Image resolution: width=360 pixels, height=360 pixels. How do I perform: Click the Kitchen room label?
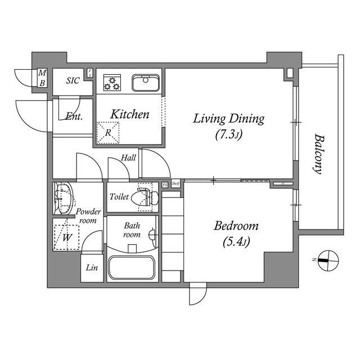point(129,115)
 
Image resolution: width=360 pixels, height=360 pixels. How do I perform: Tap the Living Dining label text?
point(228,119)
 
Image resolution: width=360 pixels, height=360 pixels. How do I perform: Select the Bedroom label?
point(236,226)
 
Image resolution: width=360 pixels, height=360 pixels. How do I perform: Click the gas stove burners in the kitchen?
point(112,83)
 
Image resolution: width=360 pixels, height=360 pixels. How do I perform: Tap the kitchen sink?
point(146,83)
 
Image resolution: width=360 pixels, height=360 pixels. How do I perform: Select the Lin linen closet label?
point(92,268)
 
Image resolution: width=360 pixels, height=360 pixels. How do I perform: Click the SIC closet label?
point(73,81)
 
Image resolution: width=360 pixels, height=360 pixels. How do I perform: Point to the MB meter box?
point(42,77)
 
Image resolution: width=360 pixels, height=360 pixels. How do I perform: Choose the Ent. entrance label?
point(74,117)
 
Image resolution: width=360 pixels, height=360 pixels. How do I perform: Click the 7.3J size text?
point(228,134)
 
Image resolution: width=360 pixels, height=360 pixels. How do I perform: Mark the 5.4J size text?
point(236,242)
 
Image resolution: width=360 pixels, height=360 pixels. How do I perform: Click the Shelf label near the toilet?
point(175,184)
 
